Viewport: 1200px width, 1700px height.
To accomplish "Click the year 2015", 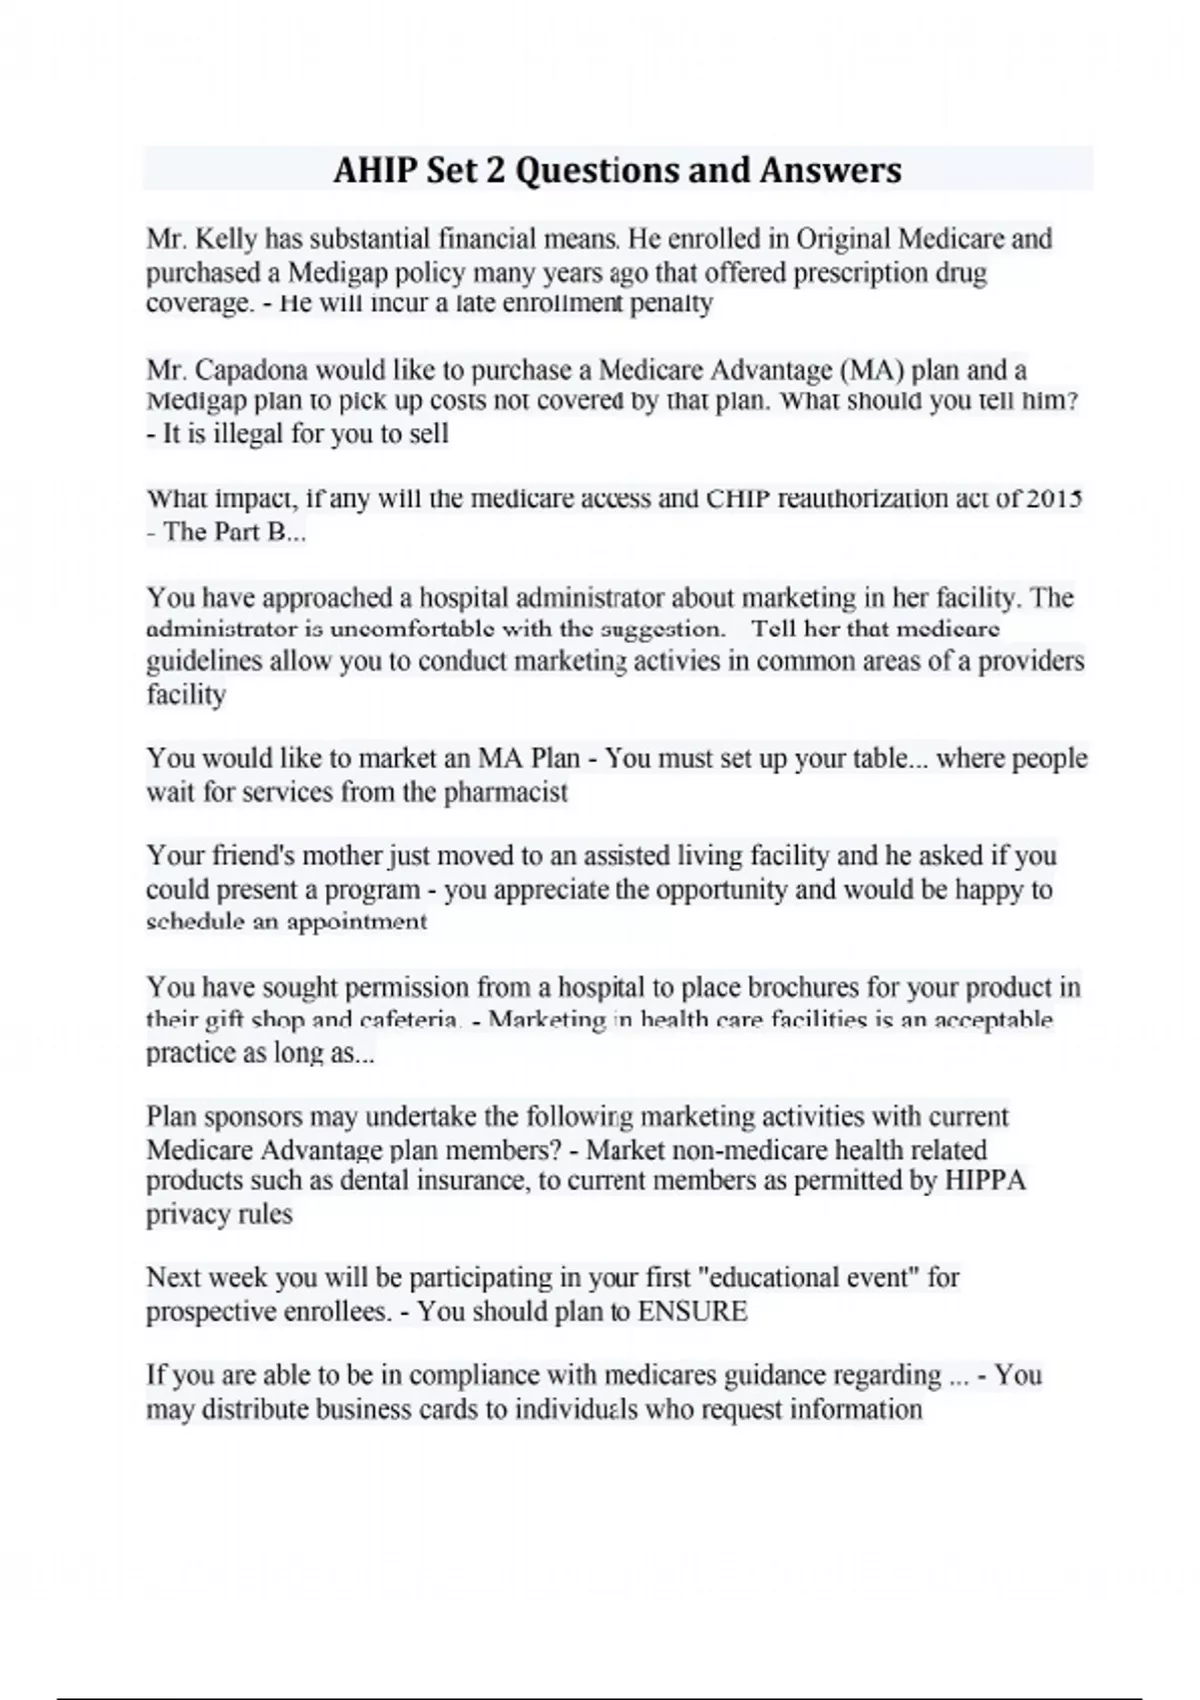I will click(x=1054, y=498).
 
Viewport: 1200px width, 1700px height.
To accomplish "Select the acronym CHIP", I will click(x=738, y=498).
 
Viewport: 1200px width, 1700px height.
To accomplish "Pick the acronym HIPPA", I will click(x=985, y=1180).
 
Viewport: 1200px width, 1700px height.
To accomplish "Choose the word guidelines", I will click(x=204, y=661).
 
